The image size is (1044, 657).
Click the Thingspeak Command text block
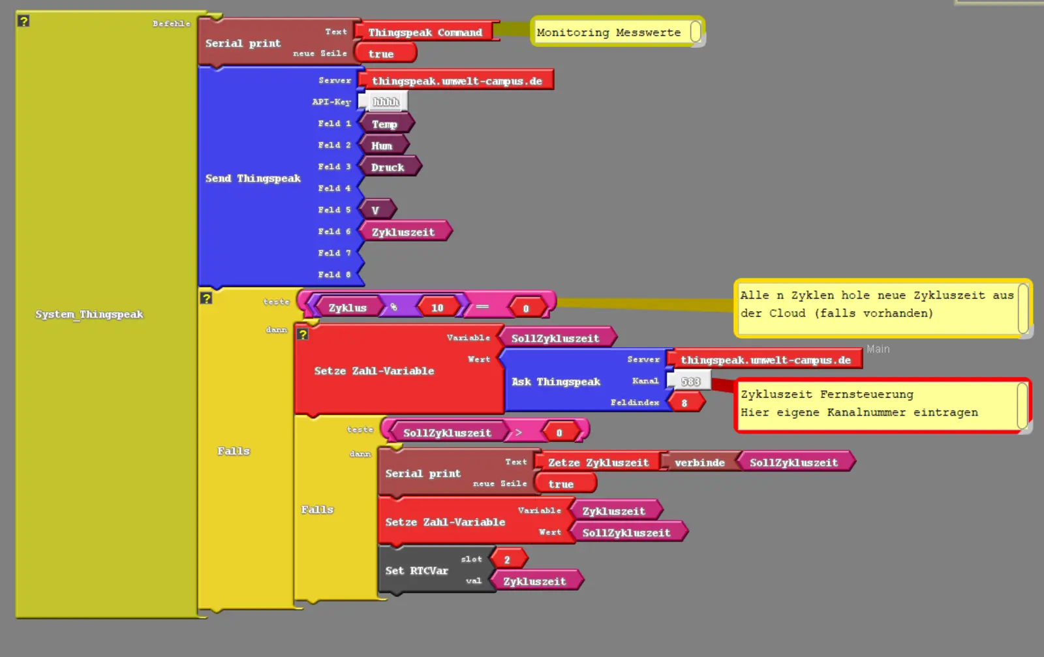pos(425,32)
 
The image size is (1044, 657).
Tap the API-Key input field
pos(385,102)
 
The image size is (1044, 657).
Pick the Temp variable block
pos(384,124)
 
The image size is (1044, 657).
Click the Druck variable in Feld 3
pos(388,167)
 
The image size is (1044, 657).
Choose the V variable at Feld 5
pos(375,210)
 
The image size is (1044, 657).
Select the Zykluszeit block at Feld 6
pos(403,232)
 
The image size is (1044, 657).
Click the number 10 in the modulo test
pos(437,307)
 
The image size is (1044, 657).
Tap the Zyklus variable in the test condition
pos(347,307)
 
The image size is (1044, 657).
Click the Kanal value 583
pos(690,381)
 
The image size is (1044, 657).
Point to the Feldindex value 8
pos(684,403)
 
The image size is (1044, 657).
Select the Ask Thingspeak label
pos(555,382)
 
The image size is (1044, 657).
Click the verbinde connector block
pos(699,463)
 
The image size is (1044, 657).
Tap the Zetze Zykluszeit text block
pos(598,463)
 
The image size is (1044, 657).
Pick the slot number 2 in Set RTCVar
pos(506,559)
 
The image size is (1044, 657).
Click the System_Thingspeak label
pos(89,314)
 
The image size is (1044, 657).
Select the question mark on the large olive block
pos(23,21)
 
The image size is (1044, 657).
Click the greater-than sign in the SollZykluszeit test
pos(518,432)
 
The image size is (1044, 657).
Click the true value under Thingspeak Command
pos(380,53)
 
